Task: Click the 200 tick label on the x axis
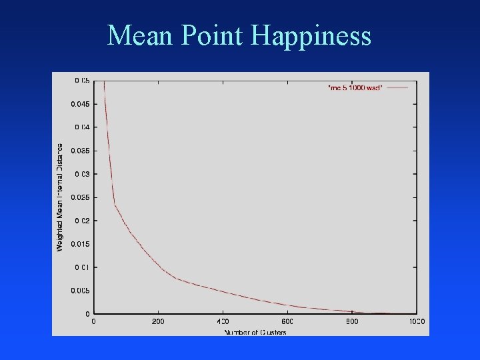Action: (x=158, y=322)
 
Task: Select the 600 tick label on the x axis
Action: (x=287, y=322)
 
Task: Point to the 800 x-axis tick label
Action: (x=352, y=322)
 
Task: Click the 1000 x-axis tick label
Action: (x=417, y=322)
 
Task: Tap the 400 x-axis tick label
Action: (x=223, y=322)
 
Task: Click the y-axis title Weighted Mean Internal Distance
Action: (x=60, y=197)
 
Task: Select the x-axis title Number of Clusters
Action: (x=255, y=331)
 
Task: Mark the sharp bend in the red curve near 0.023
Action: (x=115, y=205)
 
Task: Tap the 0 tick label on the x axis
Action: (x=93, y=322)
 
